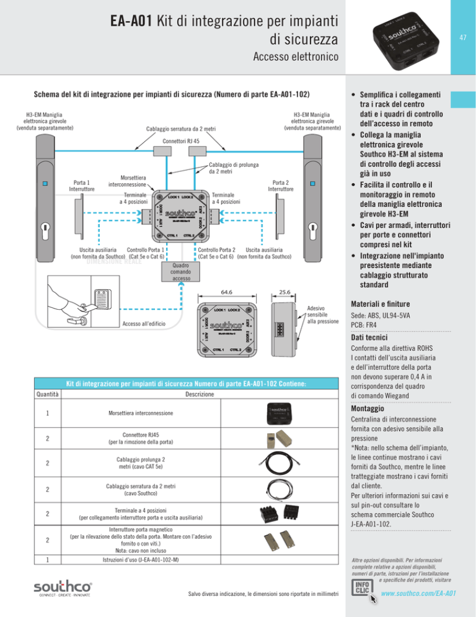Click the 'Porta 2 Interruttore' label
(x=281, y=186)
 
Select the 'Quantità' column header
(x=47, y=394)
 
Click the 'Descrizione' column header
(x=200, y=394)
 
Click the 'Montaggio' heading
(x=368, y=410)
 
